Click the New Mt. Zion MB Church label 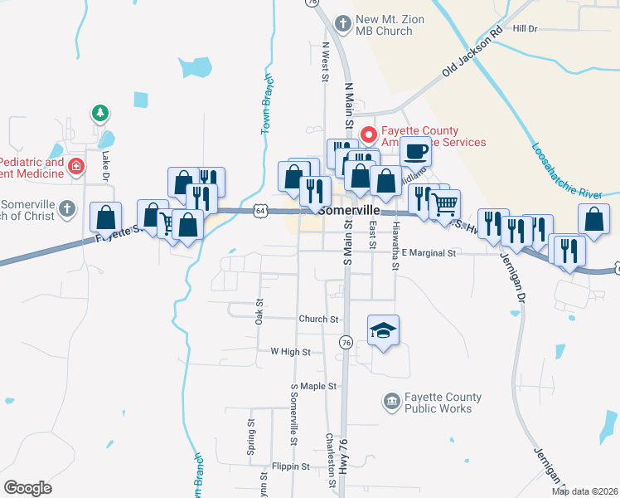[x=384, y=25]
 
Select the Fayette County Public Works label [x=438, y=403]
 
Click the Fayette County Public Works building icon [x=391, y=403]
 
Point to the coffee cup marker [x=415, y=151]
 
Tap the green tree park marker [x=99, y=112]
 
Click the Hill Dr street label [x=526, y=29]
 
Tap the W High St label [x=290, y=352]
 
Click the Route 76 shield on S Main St [x=346, y=341]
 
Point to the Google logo [x=28, y=488]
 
